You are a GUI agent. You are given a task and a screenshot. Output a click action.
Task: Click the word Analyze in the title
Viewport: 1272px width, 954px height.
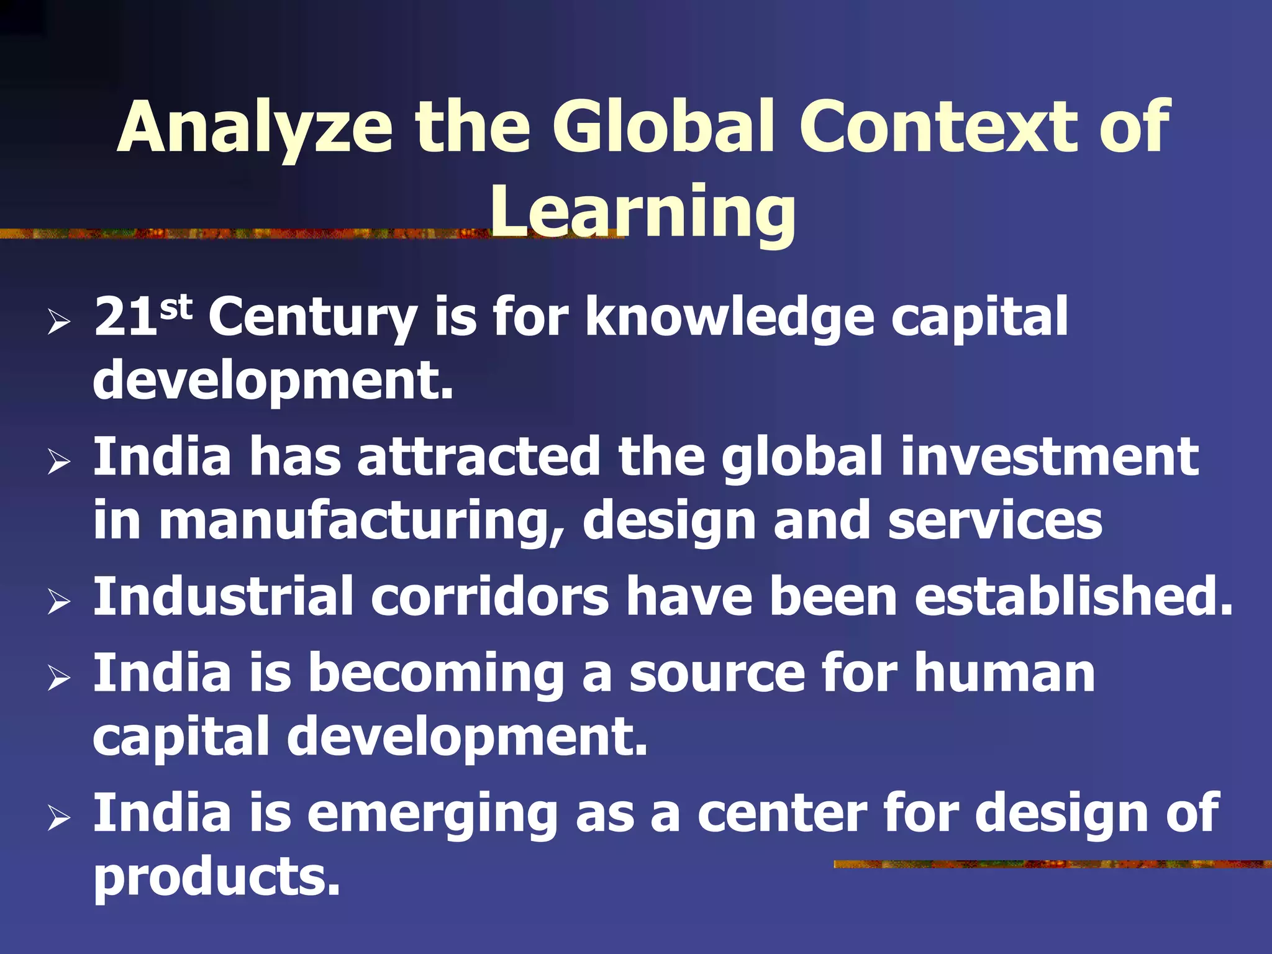(255, 127)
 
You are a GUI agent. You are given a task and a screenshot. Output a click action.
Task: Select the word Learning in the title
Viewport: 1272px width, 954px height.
(642, 212)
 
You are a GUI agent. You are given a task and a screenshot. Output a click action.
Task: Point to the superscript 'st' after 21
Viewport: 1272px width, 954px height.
(176, 307)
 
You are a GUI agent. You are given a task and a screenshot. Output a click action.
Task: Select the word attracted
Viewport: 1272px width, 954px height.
(479, 457)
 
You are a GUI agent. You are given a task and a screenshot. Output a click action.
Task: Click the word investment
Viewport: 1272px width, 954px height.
(1050, 457)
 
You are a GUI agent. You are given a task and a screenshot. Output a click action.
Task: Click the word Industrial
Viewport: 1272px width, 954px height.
(224, 596)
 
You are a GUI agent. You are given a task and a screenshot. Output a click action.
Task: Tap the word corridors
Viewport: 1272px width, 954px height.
(490, 596)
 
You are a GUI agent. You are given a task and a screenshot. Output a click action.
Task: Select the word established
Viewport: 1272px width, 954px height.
(1073, 596)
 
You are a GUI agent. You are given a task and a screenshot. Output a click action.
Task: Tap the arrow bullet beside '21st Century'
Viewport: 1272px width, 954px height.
(58, 322)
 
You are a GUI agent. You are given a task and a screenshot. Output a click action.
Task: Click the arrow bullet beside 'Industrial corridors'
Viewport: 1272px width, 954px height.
(58, 602)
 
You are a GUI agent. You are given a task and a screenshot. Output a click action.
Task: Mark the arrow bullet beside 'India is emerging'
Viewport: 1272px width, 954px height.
(58, 819)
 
